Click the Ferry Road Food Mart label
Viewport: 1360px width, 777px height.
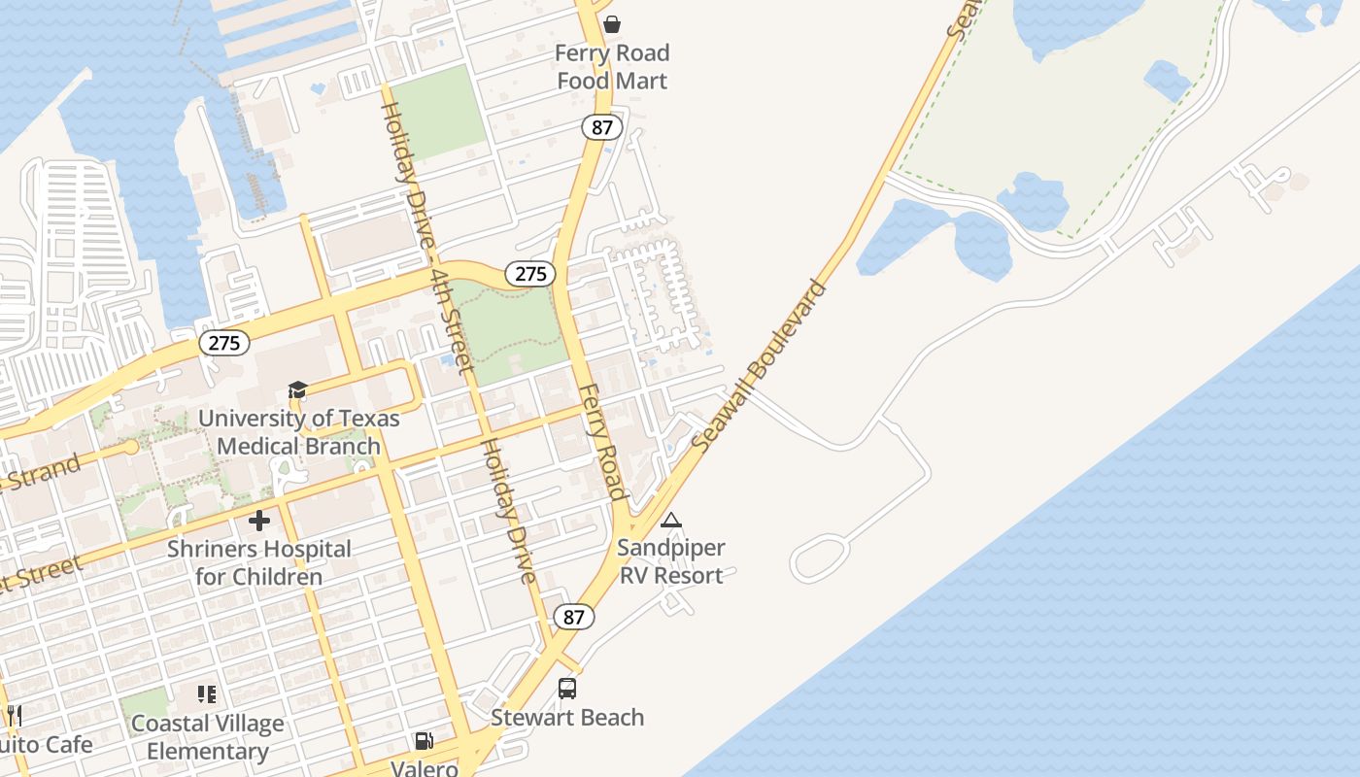(x=612, y=67)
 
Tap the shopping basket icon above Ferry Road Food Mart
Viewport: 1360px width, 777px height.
(x=612, y=23)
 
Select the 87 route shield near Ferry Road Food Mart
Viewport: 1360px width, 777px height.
(x=602, y=127)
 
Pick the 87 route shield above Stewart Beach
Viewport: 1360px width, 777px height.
(x=574, y=617)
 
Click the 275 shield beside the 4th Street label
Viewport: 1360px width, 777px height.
(x=530, y=274)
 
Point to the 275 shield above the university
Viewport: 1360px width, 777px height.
(x=224, y=343)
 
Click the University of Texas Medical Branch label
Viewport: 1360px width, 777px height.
(x=299, y=432)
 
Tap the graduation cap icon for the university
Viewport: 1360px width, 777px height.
(x=297, y=390)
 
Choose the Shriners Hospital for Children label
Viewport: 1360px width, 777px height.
(x=259, y=562)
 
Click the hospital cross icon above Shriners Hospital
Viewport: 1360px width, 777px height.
(x=259, y=521)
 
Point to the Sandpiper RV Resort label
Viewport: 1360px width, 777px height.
(x=671, y=561)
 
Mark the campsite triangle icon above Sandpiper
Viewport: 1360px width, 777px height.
(x=671, y=520)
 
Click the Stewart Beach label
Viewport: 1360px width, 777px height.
(x=567, y=718)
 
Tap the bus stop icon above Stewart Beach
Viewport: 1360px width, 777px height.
(x=567, y=689)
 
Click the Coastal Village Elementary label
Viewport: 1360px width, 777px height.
(x=208, y=737)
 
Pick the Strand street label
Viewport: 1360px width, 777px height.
(x=43, y=471)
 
